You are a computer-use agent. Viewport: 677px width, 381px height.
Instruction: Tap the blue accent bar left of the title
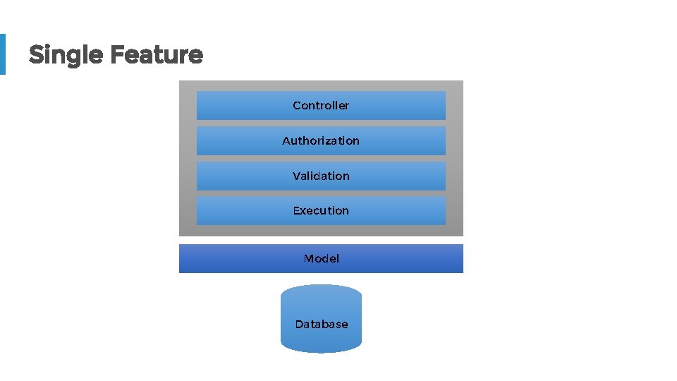coord(2,54)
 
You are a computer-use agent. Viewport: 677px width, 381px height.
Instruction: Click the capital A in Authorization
coord(286,141)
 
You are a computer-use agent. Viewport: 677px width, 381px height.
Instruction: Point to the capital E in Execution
coord(297,211)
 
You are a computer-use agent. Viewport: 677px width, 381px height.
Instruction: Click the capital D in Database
coord(299,325)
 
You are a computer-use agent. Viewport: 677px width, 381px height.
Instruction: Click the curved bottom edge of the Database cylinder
coord(321,351)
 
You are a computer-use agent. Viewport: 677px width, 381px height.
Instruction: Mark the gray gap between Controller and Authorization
coord(321,123)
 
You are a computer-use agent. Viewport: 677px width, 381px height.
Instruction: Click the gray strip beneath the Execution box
coord(321,231)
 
